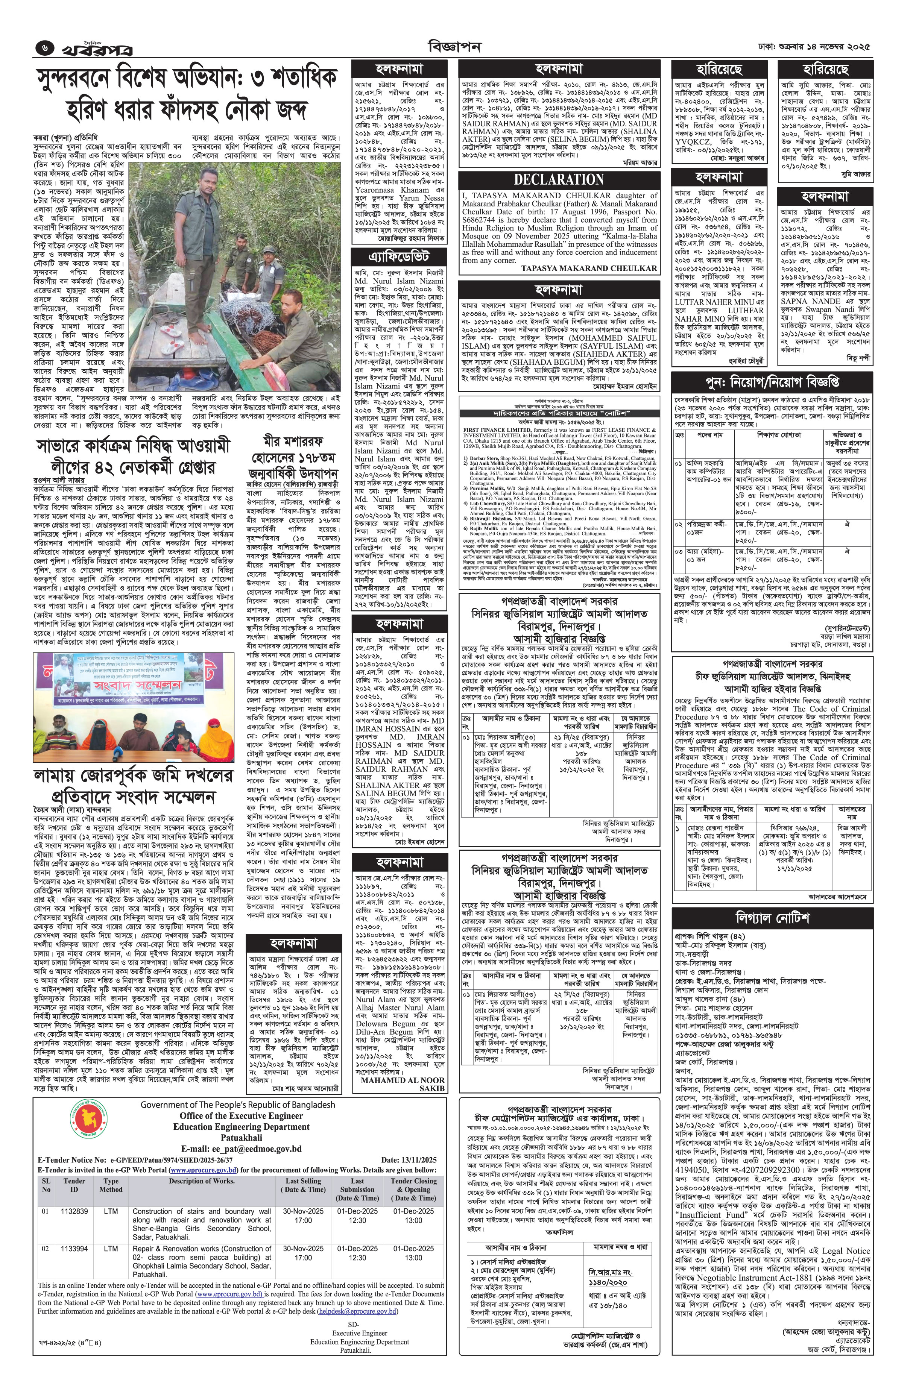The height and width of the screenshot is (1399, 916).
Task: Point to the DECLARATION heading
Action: (x=559, y=179)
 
